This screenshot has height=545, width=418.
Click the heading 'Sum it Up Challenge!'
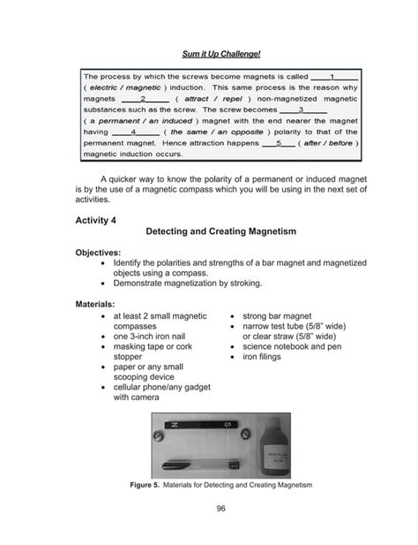click(x=209, y=55)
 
